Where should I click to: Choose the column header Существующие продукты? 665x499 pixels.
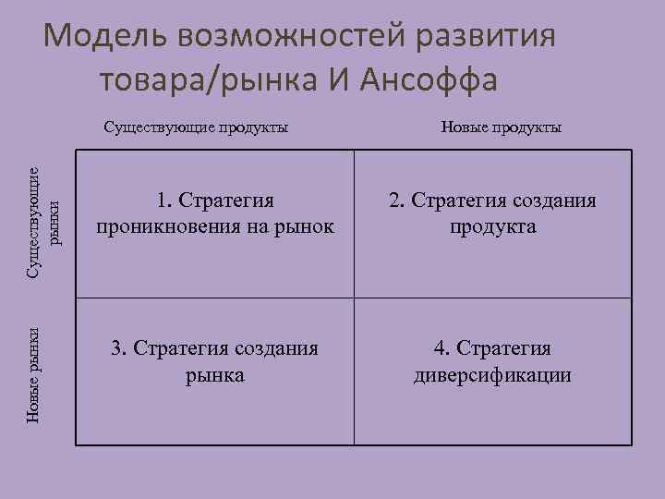196,127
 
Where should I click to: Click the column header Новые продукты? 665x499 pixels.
501,127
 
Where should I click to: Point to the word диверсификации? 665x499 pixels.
492,375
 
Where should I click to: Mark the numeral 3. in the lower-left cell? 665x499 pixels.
118,348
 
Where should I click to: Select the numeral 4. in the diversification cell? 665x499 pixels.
442,348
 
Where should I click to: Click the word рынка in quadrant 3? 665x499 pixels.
214,375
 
